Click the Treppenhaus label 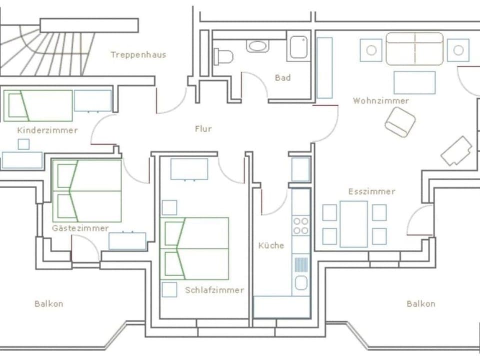[x=138, y=54]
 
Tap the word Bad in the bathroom [x=282, y=78]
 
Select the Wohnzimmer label [x=381, y=100]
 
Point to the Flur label [x=203, y=128]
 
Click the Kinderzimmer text [x=47, y=130]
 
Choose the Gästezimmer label [x=80, y=228]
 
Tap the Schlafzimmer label [x=214, y=290]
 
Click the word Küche [x=271, y=245]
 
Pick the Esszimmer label [x=371, y=191]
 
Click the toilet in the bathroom [x=223, y=56]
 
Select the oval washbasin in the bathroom [x=257, y=46]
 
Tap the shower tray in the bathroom [x=299, y=47]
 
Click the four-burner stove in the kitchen [x=301, y=225]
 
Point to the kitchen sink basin [x=300, y=283]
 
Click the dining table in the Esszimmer [x=353, y=224]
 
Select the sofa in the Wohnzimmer [x=414, y=49]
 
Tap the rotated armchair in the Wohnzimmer [x=400, y=122]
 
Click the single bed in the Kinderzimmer [x=38, y=105]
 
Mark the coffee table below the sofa [x=414, y=82]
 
